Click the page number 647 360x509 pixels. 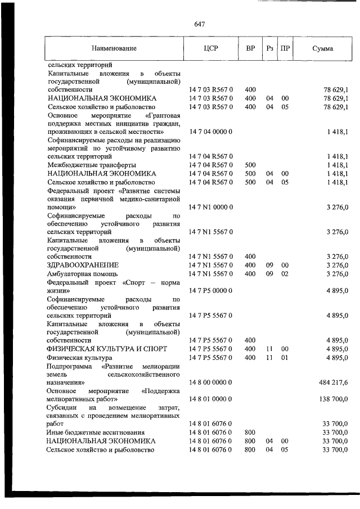pyautogui.click(x=199, y=24)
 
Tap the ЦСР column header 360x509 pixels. pyautogui.click(x=211, y=48)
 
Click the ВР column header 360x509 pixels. pyautogui.click(x=250, y=48)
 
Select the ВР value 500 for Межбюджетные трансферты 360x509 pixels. pyautogui.click(x=250, y=165)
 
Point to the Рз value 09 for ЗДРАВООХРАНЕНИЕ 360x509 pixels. pyautogui.click(x=269, y=265)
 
